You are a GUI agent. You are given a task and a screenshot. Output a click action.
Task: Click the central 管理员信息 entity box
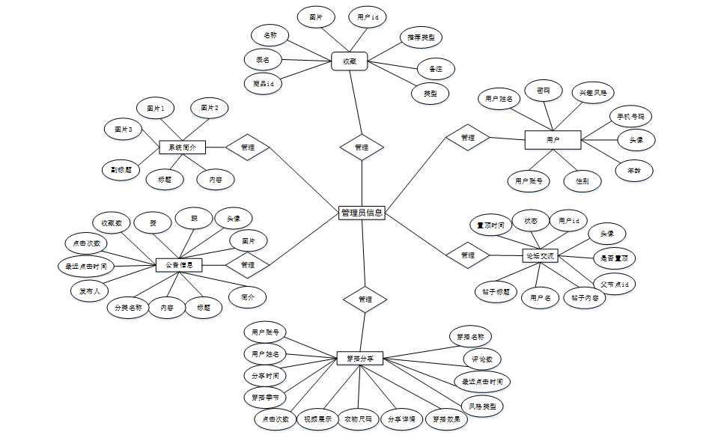(x=362, y=213)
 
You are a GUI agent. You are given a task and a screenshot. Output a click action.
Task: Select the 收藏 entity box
(x=349, y=61)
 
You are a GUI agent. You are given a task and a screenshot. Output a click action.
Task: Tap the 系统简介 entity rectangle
(x=182, y=147)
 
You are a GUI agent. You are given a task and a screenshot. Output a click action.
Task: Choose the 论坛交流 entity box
(x=539, y=256)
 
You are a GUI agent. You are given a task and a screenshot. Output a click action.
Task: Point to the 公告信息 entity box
(x=179, y=264)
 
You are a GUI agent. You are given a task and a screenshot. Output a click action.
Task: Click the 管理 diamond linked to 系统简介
(x=248, y=147)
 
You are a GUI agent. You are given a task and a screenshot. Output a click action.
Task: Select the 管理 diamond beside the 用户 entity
(x=468, y=138)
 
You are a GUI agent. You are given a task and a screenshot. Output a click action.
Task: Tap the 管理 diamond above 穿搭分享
(x=365, y=299)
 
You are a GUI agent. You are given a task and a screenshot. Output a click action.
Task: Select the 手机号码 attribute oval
(x=630, y=117)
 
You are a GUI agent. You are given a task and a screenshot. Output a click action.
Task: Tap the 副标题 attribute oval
(x=121, y=169)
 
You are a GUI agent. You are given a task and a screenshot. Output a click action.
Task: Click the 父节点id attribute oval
(x=615, y=285)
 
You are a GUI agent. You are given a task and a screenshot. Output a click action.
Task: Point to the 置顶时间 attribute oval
(x=491, y=225)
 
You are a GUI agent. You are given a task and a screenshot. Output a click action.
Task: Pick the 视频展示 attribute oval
(x=317, y=419)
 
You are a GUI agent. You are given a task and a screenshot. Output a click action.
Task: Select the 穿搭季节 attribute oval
(x=266, y=397)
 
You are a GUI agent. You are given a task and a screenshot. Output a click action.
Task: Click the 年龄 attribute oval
(x=633, y=171)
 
